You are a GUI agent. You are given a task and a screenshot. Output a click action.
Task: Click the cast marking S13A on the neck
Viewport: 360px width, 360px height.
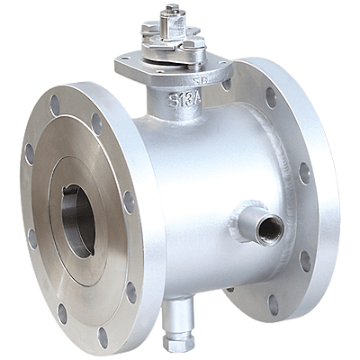pos(185,100)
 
